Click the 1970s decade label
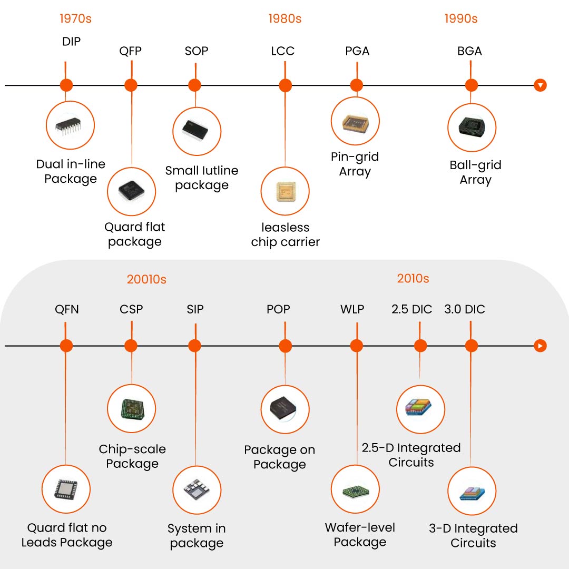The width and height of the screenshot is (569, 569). pyautogui.click(x=75, y=18)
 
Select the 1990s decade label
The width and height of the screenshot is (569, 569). pyautogui.click(x=461, y=18)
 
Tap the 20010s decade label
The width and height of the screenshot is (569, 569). pyautogui.click(x=146, y=279)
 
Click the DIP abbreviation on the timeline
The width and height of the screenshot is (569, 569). pyautogui.click(x=71, y=42)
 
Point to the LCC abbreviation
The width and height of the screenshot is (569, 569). pyautogui.click(x=282, y=51)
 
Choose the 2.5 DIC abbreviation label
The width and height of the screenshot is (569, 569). pyautogui.click(x=411, y=309)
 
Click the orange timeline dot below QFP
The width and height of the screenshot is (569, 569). pyautogui.click(x=131, y=85)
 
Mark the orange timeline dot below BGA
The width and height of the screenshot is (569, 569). pyautogui.click(x=472, y=85)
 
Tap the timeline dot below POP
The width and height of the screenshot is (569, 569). pyautogui.click(x=285, y=346)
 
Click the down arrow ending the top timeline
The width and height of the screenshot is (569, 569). pyautogui.click(x=540, y=85)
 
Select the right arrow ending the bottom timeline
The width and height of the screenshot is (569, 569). pyautogui.click(x=540, y=346)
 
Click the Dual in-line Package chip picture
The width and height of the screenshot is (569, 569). pyautogui.click(x=71, y=125)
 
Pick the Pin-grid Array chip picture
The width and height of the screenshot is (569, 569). pyautogui.click(x=355, y=121)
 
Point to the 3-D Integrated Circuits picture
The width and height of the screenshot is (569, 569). pyautogui.click(x=472, y=491)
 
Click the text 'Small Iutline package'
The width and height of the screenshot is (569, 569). pyautogui.click(x=202, y=178)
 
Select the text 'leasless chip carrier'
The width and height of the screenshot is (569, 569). pyautogui.click(x=286, y=235)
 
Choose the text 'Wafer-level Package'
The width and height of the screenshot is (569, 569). pyautogui.click(x=360, y=535)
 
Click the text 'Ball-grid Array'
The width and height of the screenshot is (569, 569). pyautogui.click(x=475, y=172)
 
